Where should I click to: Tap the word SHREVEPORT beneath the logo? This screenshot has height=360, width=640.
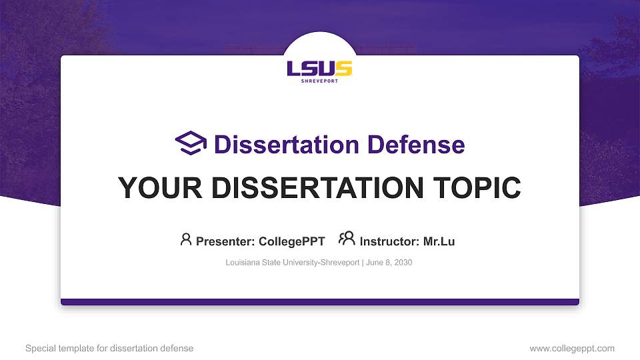point(319,81)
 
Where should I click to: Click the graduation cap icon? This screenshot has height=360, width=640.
point(191,143)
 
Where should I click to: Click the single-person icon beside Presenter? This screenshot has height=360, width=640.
point(186,239)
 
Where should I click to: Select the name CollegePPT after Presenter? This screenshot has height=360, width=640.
point(293,241)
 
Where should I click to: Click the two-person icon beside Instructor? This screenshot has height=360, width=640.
point(347,239)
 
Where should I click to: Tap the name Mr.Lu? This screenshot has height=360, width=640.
point(439,241)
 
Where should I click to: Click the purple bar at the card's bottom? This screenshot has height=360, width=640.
point(319,302)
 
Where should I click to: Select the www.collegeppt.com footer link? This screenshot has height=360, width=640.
point(571,348)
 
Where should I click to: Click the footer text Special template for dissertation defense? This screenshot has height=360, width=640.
point(109,348)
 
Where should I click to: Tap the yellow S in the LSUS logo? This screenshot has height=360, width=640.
point(343,68)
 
